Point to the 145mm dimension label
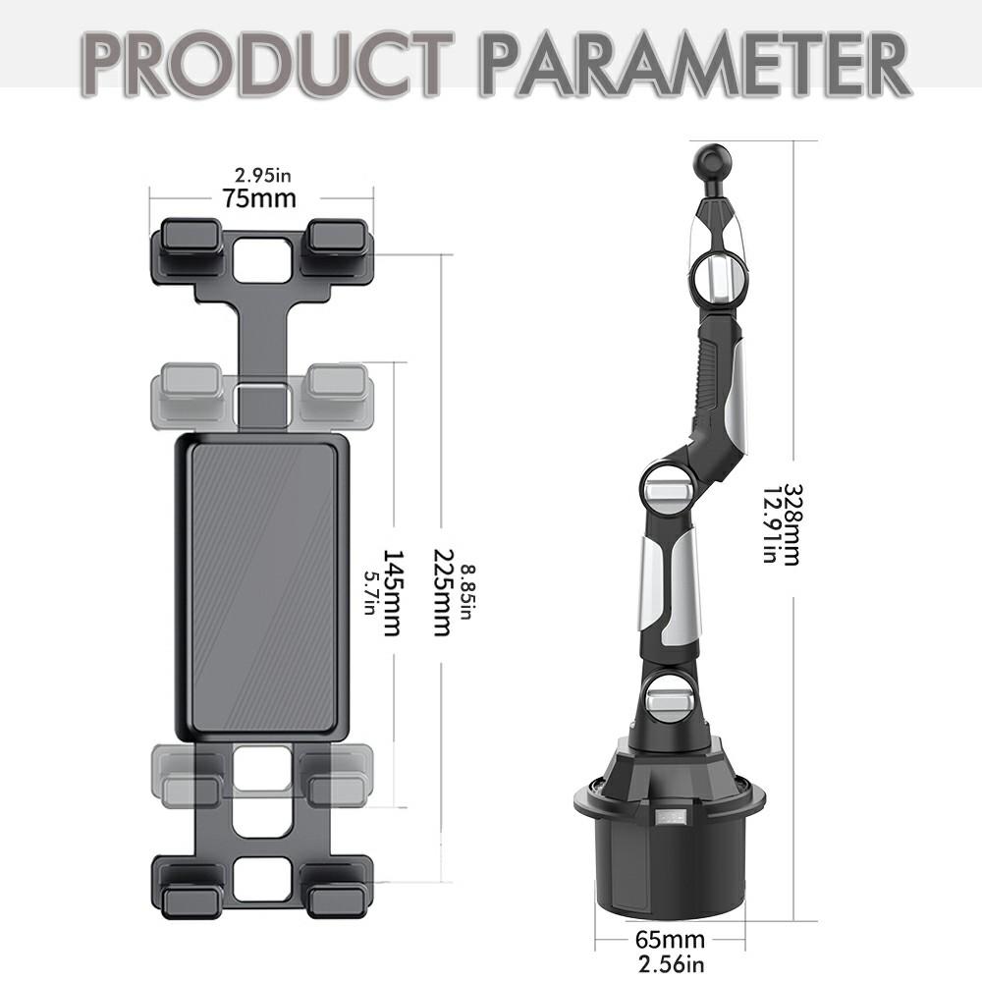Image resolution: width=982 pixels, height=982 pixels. pos(390,592)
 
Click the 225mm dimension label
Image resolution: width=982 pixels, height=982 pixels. pos(441,592)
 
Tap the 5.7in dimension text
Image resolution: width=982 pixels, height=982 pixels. pos(370,592)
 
